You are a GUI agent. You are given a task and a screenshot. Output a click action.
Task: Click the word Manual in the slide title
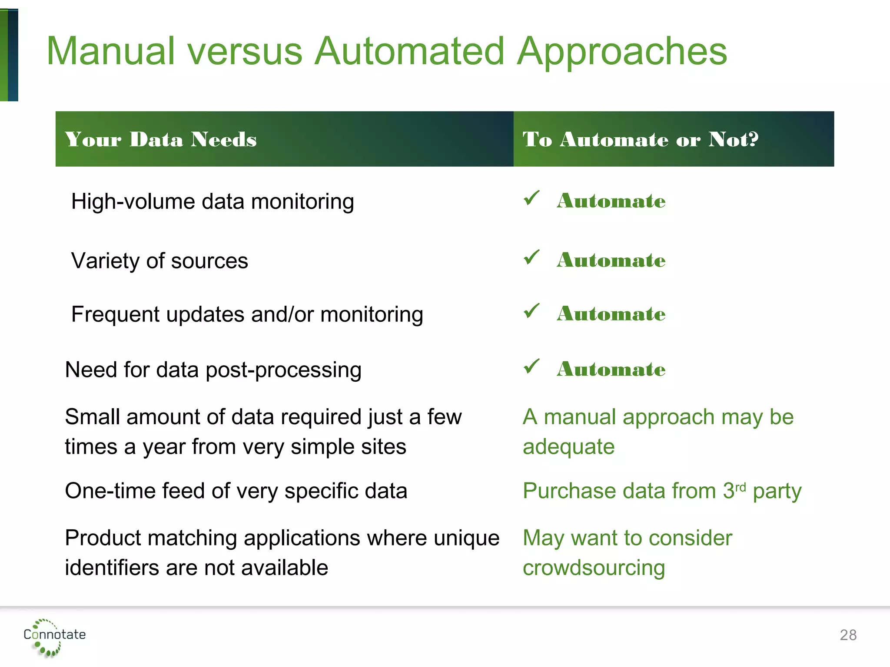click(111, 51)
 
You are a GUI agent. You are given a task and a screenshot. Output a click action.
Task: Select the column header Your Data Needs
click(161, 139)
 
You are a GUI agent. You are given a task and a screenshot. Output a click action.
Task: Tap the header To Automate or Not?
click(640, 139)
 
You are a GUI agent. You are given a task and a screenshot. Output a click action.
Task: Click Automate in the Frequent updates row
click(611, 314)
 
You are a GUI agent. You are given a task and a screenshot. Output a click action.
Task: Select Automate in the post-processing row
click(611, 369)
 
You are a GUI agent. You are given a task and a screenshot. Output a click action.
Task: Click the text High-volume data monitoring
click(213, 201)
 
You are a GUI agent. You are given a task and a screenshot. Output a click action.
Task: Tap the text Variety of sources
click(159, 261)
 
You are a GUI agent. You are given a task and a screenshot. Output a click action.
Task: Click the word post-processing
click(283, 370)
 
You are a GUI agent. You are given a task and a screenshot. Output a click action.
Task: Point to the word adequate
click(568, 447)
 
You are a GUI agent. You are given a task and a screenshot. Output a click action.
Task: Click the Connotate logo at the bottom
click(54, 636)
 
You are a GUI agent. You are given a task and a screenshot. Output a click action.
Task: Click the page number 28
click(848, 635)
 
